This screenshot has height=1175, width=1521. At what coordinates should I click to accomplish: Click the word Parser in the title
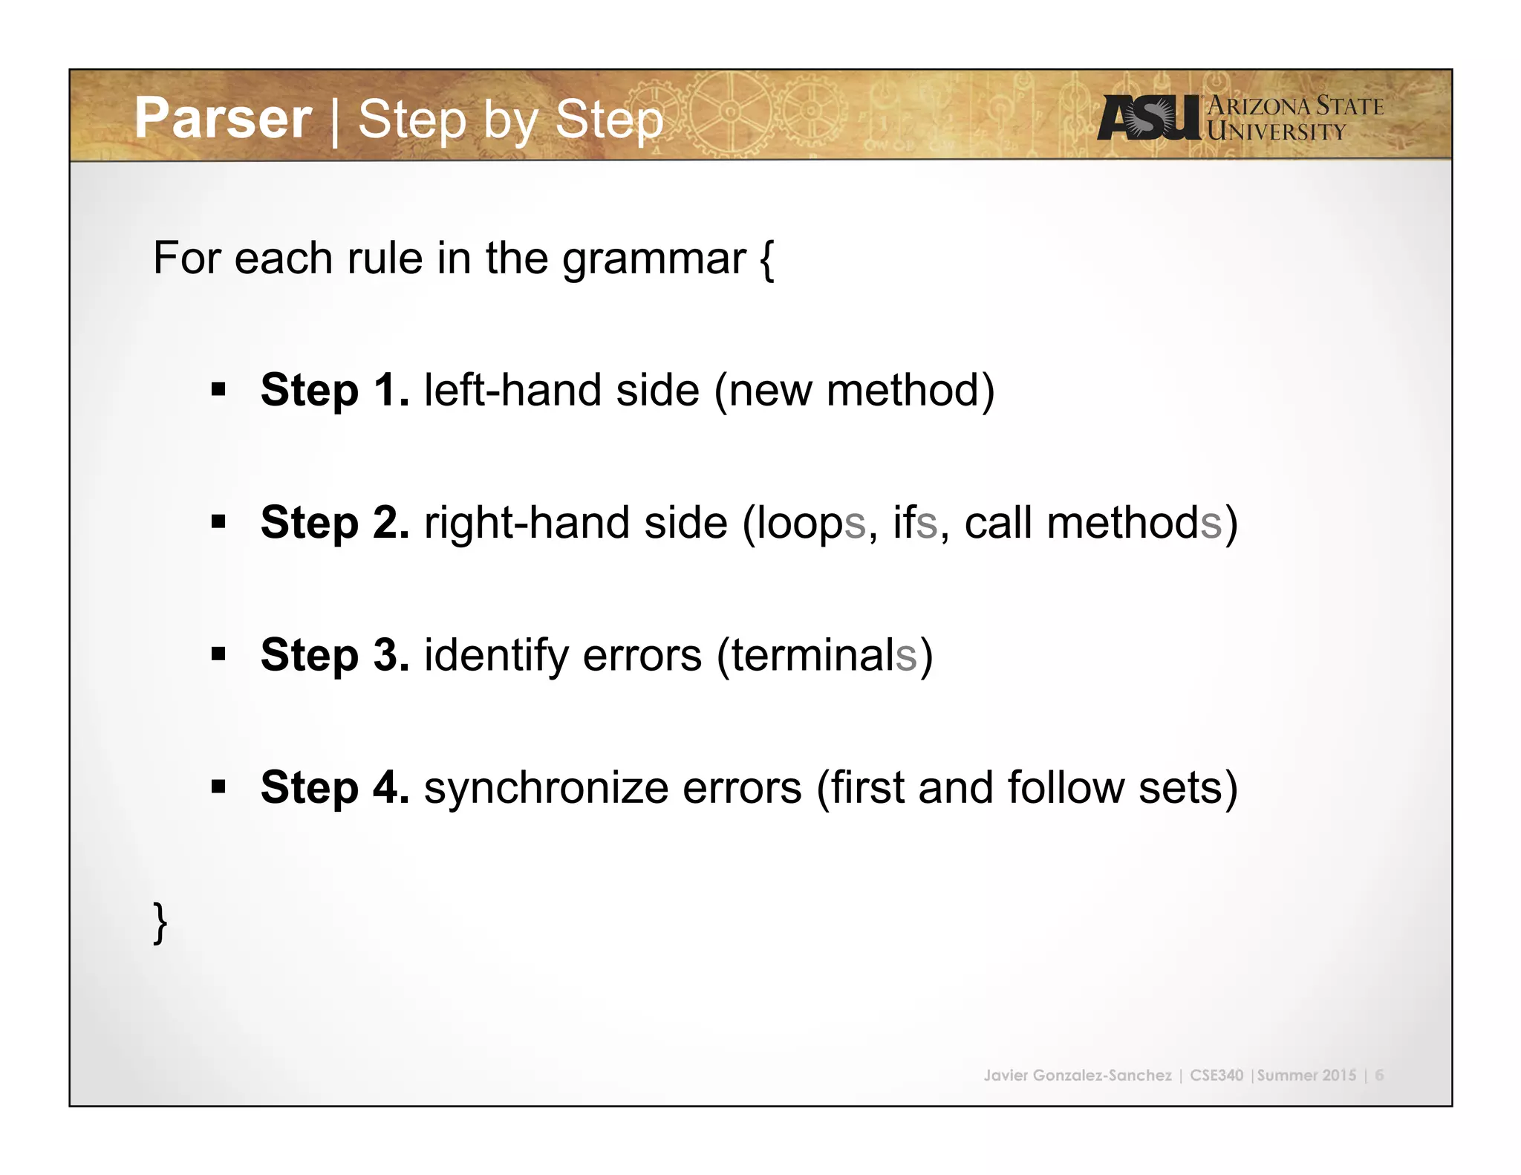pos(223,119)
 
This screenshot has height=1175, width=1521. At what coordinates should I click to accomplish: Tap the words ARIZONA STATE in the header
pos(1295,106)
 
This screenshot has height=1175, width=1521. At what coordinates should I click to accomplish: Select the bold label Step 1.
pos(334,390)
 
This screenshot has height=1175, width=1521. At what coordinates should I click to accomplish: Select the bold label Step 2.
pos(334,522)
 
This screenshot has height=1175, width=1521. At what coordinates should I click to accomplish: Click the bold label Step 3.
pos(334,654)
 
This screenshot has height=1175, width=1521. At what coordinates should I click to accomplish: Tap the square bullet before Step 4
pos(218,787)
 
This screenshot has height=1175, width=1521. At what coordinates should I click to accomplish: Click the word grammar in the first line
pos(654,260)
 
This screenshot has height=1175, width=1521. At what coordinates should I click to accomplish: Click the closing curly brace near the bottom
pos(160,922)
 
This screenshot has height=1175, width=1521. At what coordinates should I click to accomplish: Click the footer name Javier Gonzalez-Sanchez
pos(1077,1075)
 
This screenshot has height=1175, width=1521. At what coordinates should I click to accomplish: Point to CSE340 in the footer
pos(1216,1075)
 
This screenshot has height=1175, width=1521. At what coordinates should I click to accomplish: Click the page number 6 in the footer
pos(1379,1075)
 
